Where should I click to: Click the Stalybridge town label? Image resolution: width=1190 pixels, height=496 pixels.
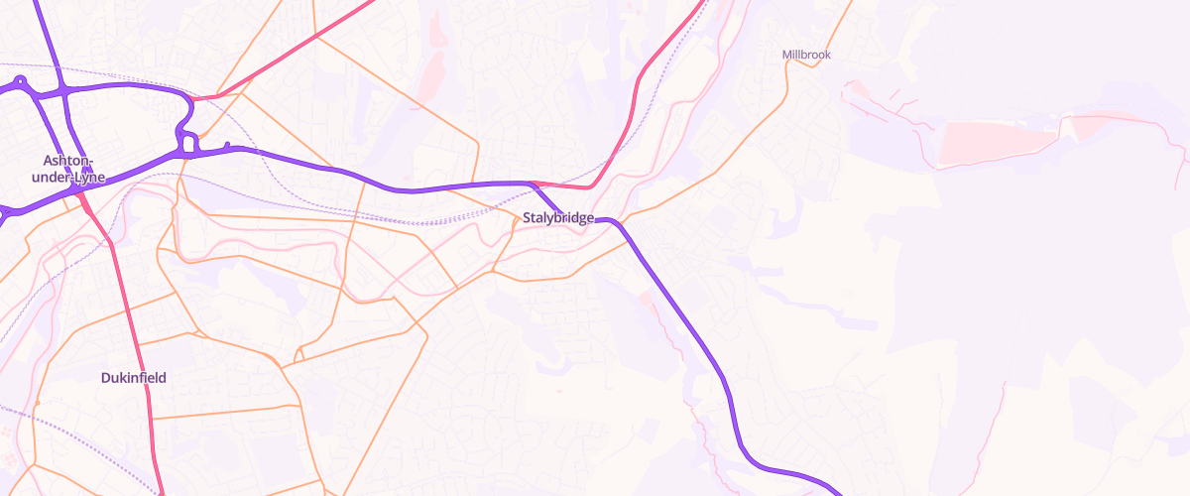point(557,218)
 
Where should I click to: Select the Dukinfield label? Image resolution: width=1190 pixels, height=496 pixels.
point(133,378)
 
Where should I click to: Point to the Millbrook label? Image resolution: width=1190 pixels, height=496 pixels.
point(806,56)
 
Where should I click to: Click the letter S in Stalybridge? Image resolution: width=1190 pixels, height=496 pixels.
point(527,218)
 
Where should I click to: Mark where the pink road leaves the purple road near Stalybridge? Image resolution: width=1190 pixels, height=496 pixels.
point(534,184)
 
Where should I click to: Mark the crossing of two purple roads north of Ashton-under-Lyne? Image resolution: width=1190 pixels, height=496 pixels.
point(64,90)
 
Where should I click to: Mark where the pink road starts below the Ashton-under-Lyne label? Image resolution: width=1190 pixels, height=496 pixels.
point(81,193)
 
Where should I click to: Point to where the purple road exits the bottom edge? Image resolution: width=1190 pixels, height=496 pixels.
point(837,492)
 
